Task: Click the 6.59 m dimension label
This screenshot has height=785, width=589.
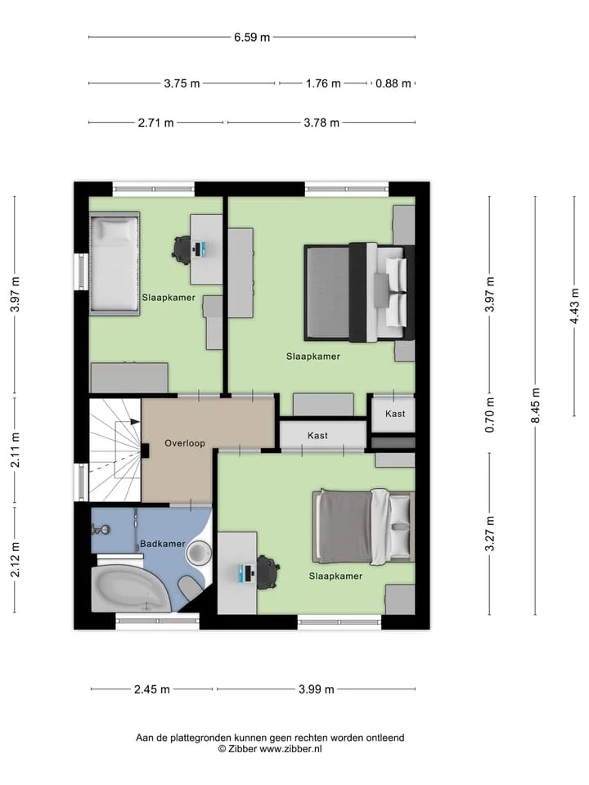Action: click(252, 38)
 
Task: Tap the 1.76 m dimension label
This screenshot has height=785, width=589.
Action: click(323, 83)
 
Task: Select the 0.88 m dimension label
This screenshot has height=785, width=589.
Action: click(393, 83)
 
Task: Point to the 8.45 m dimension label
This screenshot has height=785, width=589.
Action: click(536, 406)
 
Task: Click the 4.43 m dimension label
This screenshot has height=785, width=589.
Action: click(575, 306)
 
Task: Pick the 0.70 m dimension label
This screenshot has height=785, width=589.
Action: click(490, 415)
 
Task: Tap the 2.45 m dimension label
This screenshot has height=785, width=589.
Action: click(152, 690)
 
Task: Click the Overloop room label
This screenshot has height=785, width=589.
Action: click(185, 443)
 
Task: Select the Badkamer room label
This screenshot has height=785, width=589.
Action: click(162, 544)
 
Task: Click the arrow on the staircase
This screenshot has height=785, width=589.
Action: click(128, 422)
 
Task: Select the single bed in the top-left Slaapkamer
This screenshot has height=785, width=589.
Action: click(115, 264)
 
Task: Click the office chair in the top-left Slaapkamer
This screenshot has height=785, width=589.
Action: click(182, 249)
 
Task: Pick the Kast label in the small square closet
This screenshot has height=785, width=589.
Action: click(395, 414)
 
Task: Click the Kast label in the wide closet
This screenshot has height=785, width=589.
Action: click(317, 436)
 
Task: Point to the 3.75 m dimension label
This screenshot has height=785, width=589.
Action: click(182, 83)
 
